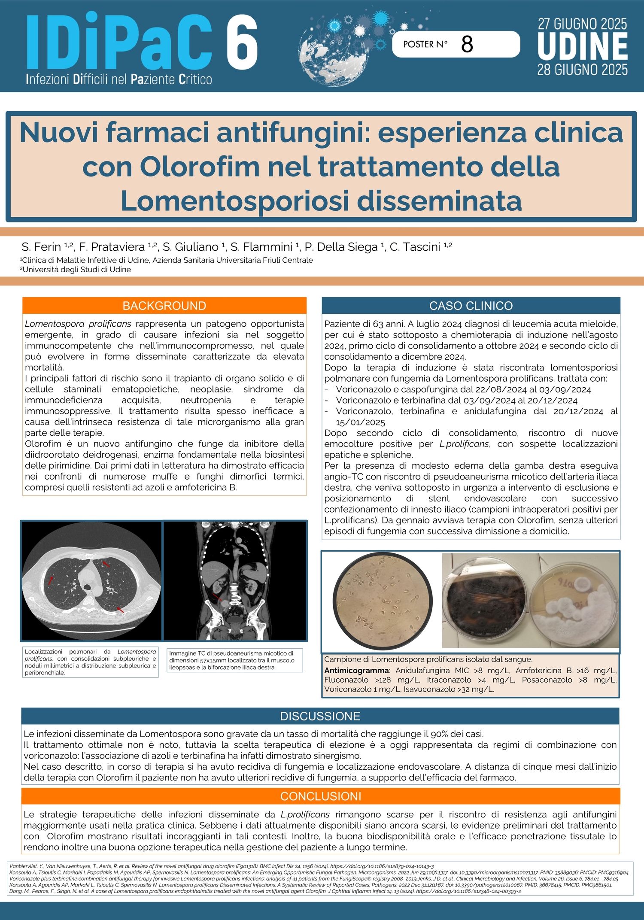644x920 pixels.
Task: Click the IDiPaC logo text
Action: (119, 43)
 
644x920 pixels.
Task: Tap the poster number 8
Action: (467, 44)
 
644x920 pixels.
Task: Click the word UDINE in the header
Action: (583, 47)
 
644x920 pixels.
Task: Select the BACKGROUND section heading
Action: (164, 306)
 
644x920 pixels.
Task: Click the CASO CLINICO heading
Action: (471, 306)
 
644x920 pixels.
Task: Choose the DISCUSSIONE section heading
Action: (320, 716)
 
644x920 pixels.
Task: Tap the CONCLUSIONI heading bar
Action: (321, 796)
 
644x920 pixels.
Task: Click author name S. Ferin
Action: (42, 247)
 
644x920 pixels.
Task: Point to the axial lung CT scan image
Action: (91, 580)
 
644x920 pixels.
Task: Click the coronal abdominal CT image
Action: (235, 580)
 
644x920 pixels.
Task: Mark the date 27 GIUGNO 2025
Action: (583, 24)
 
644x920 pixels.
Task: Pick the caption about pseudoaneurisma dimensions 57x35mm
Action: (234, 660)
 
